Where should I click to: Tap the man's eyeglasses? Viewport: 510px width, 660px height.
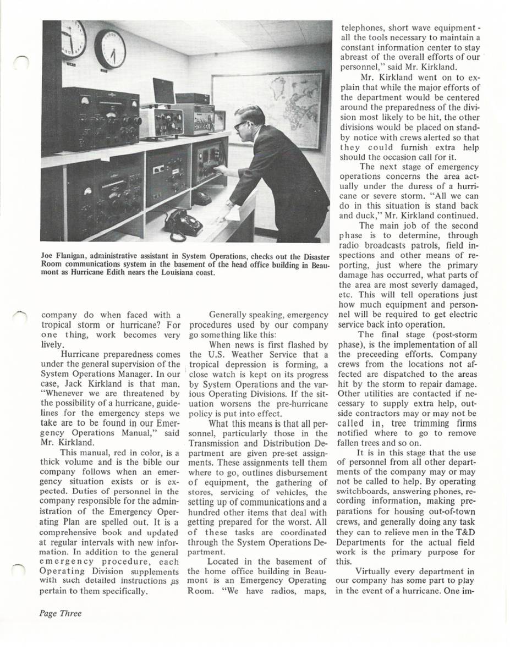[x=241, y=125]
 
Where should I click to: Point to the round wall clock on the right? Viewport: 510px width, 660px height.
[x=110, y=49]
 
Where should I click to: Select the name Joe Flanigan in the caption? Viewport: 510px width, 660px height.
[x=64, y=257]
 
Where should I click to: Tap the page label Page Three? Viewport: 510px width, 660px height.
[x=60, y=613]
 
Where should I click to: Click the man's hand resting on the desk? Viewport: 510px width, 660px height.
[x=221, y=218]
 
